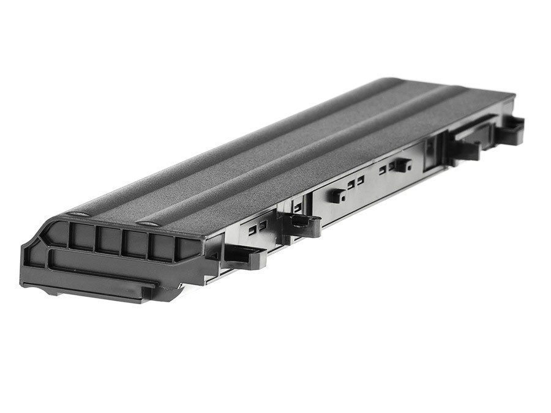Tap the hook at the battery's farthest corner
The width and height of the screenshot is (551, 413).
(x=511, y=129)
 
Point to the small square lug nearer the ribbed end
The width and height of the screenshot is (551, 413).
(x=336, y=196)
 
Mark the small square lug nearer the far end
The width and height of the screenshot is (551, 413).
(x=400, y=165)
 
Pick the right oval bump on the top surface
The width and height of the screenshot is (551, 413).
(x=148, y=223)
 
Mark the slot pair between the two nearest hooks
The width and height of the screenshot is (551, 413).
(x=257, y=227)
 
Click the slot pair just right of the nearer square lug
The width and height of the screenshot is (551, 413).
(x=355, y=182)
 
